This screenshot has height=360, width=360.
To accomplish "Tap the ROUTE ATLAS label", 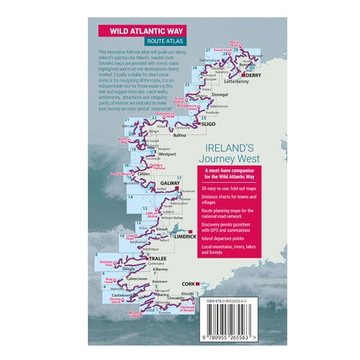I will click(x=153, y=43).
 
